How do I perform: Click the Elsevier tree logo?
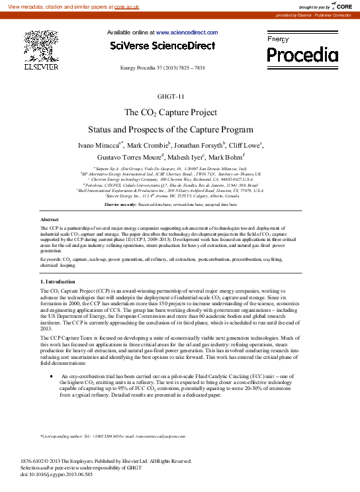tap(41, 46)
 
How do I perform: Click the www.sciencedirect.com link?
tap(187, 32)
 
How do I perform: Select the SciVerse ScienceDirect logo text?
tap(162, 46)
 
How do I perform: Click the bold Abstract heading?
tap(50, 219)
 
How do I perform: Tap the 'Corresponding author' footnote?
tap(112, 436)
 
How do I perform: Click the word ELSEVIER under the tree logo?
tap(41, 67)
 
